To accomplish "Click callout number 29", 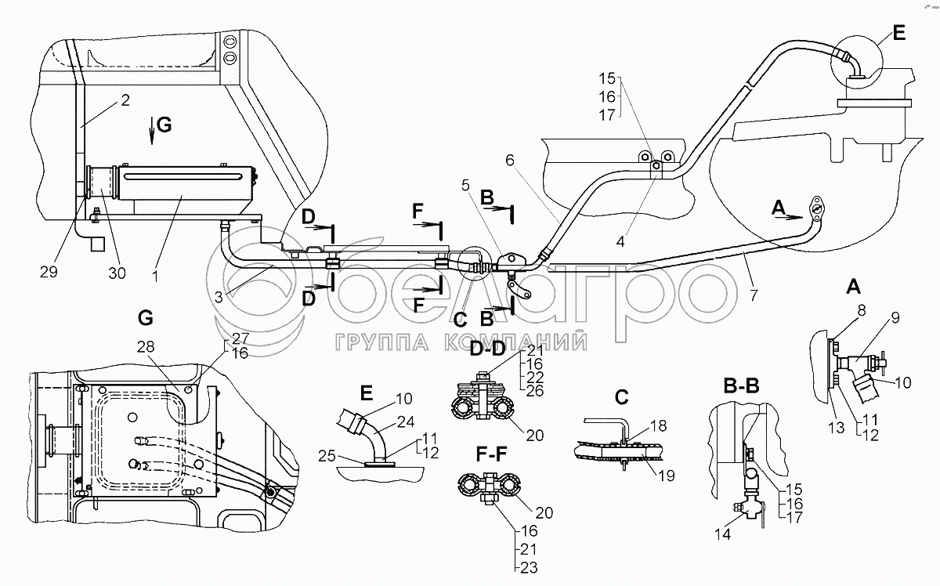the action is click(49, 272).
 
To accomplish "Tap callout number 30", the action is click(117, 273).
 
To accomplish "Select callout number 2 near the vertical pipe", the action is click(125, 100).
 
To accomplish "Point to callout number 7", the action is click(754, 295).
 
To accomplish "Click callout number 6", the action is click(510, 160).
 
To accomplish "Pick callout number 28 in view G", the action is click(146, 346).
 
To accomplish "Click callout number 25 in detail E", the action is click(327, 455).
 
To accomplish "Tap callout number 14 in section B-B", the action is click(722, 534).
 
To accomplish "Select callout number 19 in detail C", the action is click(666, 476).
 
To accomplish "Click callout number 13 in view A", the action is click(836, 428).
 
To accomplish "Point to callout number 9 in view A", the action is click(895, 318).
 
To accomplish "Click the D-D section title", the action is click(486, 349).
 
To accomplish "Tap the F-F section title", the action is click(491, 454).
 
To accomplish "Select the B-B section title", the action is click(742, 386).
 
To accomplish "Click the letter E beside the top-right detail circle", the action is click(899, 33).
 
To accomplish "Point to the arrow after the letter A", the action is click(794, 217).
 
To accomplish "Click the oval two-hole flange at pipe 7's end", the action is click(816, 208).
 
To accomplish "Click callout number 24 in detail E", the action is click(406, 421).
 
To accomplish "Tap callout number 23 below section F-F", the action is click(529, 567).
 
